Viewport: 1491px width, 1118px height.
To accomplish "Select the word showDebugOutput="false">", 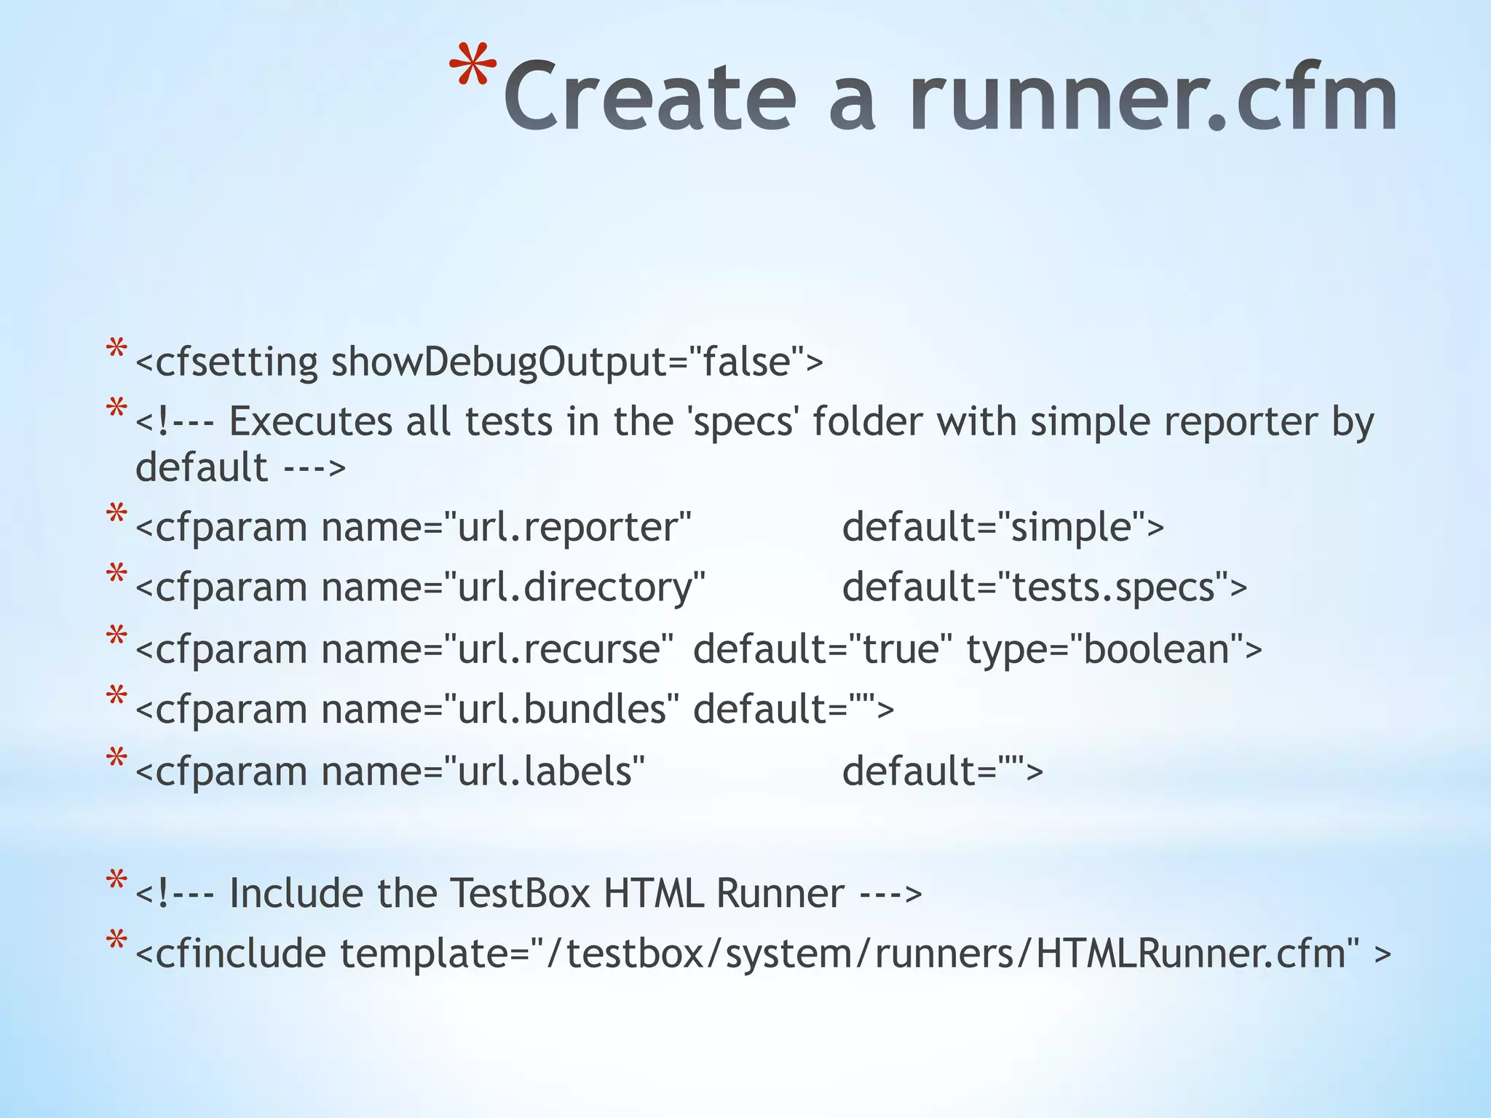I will (x=577, y=362).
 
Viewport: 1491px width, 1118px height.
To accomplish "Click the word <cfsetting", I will (x=226, y=362).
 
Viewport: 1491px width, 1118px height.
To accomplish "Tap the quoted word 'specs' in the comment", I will (x=742, y=422).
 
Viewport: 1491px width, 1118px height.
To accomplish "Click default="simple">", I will (x=1002, y=527).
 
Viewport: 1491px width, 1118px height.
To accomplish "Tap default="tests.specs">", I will (x=1044, y=587).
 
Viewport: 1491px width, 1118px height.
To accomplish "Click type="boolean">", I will (x=1114, y=649).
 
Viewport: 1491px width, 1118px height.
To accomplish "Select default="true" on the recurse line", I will (x=823, y=649).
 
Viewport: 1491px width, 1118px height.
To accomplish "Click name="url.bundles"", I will (x=501, y=709).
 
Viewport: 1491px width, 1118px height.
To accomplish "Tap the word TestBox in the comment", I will (x=520, y=893).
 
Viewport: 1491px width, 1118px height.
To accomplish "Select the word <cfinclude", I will (x=230, y=954).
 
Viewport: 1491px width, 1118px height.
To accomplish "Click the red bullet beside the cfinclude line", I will (x=116, y=940).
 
